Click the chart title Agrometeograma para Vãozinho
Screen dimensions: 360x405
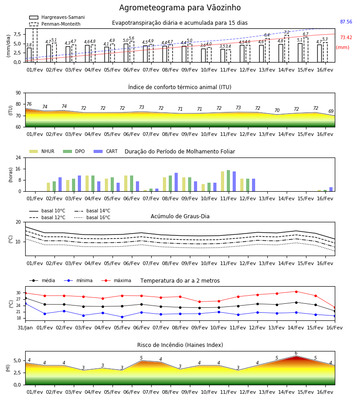click(x=180, y=8)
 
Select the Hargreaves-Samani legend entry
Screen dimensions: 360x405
click(x=57, y=17)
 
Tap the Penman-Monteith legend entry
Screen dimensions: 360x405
click(x=55, y=24)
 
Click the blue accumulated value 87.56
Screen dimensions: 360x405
click(x=346, y=22)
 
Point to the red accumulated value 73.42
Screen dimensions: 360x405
click(x=346, y=37)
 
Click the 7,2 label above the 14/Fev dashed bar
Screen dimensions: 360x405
click(x=287, y=32)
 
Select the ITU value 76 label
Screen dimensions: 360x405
click(x=29, y=104)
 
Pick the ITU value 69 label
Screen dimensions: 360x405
click(x=331, y=111)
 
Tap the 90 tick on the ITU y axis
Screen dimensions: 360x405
click(x=18, y=93)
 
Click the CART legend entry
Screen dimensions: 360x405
click(x=106, y=151)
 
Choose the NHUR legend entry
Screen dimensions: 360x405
click(x=42, y=151)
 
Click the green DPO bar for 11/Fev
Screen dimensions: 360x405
click(x=228, y=181)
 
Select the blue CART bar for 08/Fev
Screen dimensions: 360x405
click(x=176, y=182)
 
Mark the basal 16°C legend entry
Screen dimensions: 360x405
click(x=92, y=217)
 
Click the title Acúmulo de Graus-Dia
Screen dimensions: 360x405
click(x=180, y=216)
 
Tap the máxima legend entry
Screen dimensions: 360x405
click(x=116, y=280)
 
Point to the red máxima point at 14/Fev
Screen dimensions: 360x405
click(x=296, y=292)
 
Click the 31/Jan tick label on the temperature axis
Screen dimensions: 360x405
click(x=25, y=328)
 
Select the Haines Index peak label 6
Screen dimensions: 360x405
click(x=296, y=353)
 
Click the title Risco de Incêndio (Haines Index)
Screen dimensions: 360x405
click(x=180, y=345)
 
